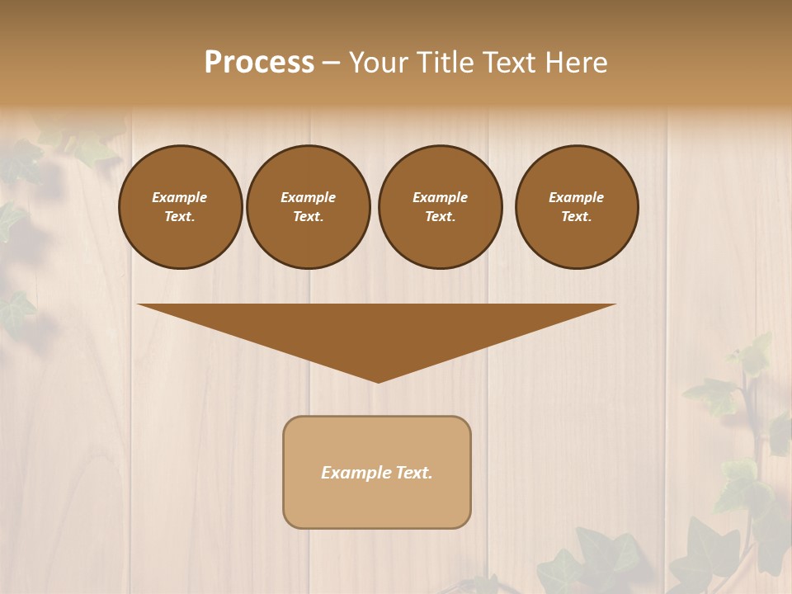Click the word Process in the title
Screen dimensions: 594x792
pyautogui.click(x=259, y=63)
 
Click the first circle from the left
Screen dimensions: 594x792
pyautogui.click(x=180, y=207)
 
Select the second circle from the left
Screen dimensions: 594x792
pyautogui.click(x=308, y=207)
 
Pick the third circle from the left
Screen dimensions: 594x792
pyautogui.click(x=440, y=207)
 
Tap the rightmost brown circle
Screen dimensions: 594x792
pyautogui.click(x=577, y=207)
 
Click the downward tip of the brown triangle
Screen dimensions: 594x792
pyautogui.click(x=378, y=380)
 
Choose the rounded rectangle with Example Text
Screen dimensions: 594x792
pyautogui.click(x=377, y=472)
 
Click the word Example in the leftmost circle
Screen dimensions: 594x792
pyautogui.click(x=180, y=197)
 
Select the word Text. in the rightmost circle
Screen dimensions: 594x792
pyautogui.click(x=577, y=217)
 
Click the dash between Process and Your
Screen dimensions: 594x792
pyautogui.click(x=331, y=63)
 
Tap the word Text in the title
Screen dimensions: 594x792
pyautogui.click(x=509, y=63)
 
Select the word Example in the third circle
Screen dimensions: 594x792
pyautogui.click(x=440, y=197)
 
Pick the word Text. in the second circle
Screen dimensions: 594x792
pyautogui.click(x=308, y=217)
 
